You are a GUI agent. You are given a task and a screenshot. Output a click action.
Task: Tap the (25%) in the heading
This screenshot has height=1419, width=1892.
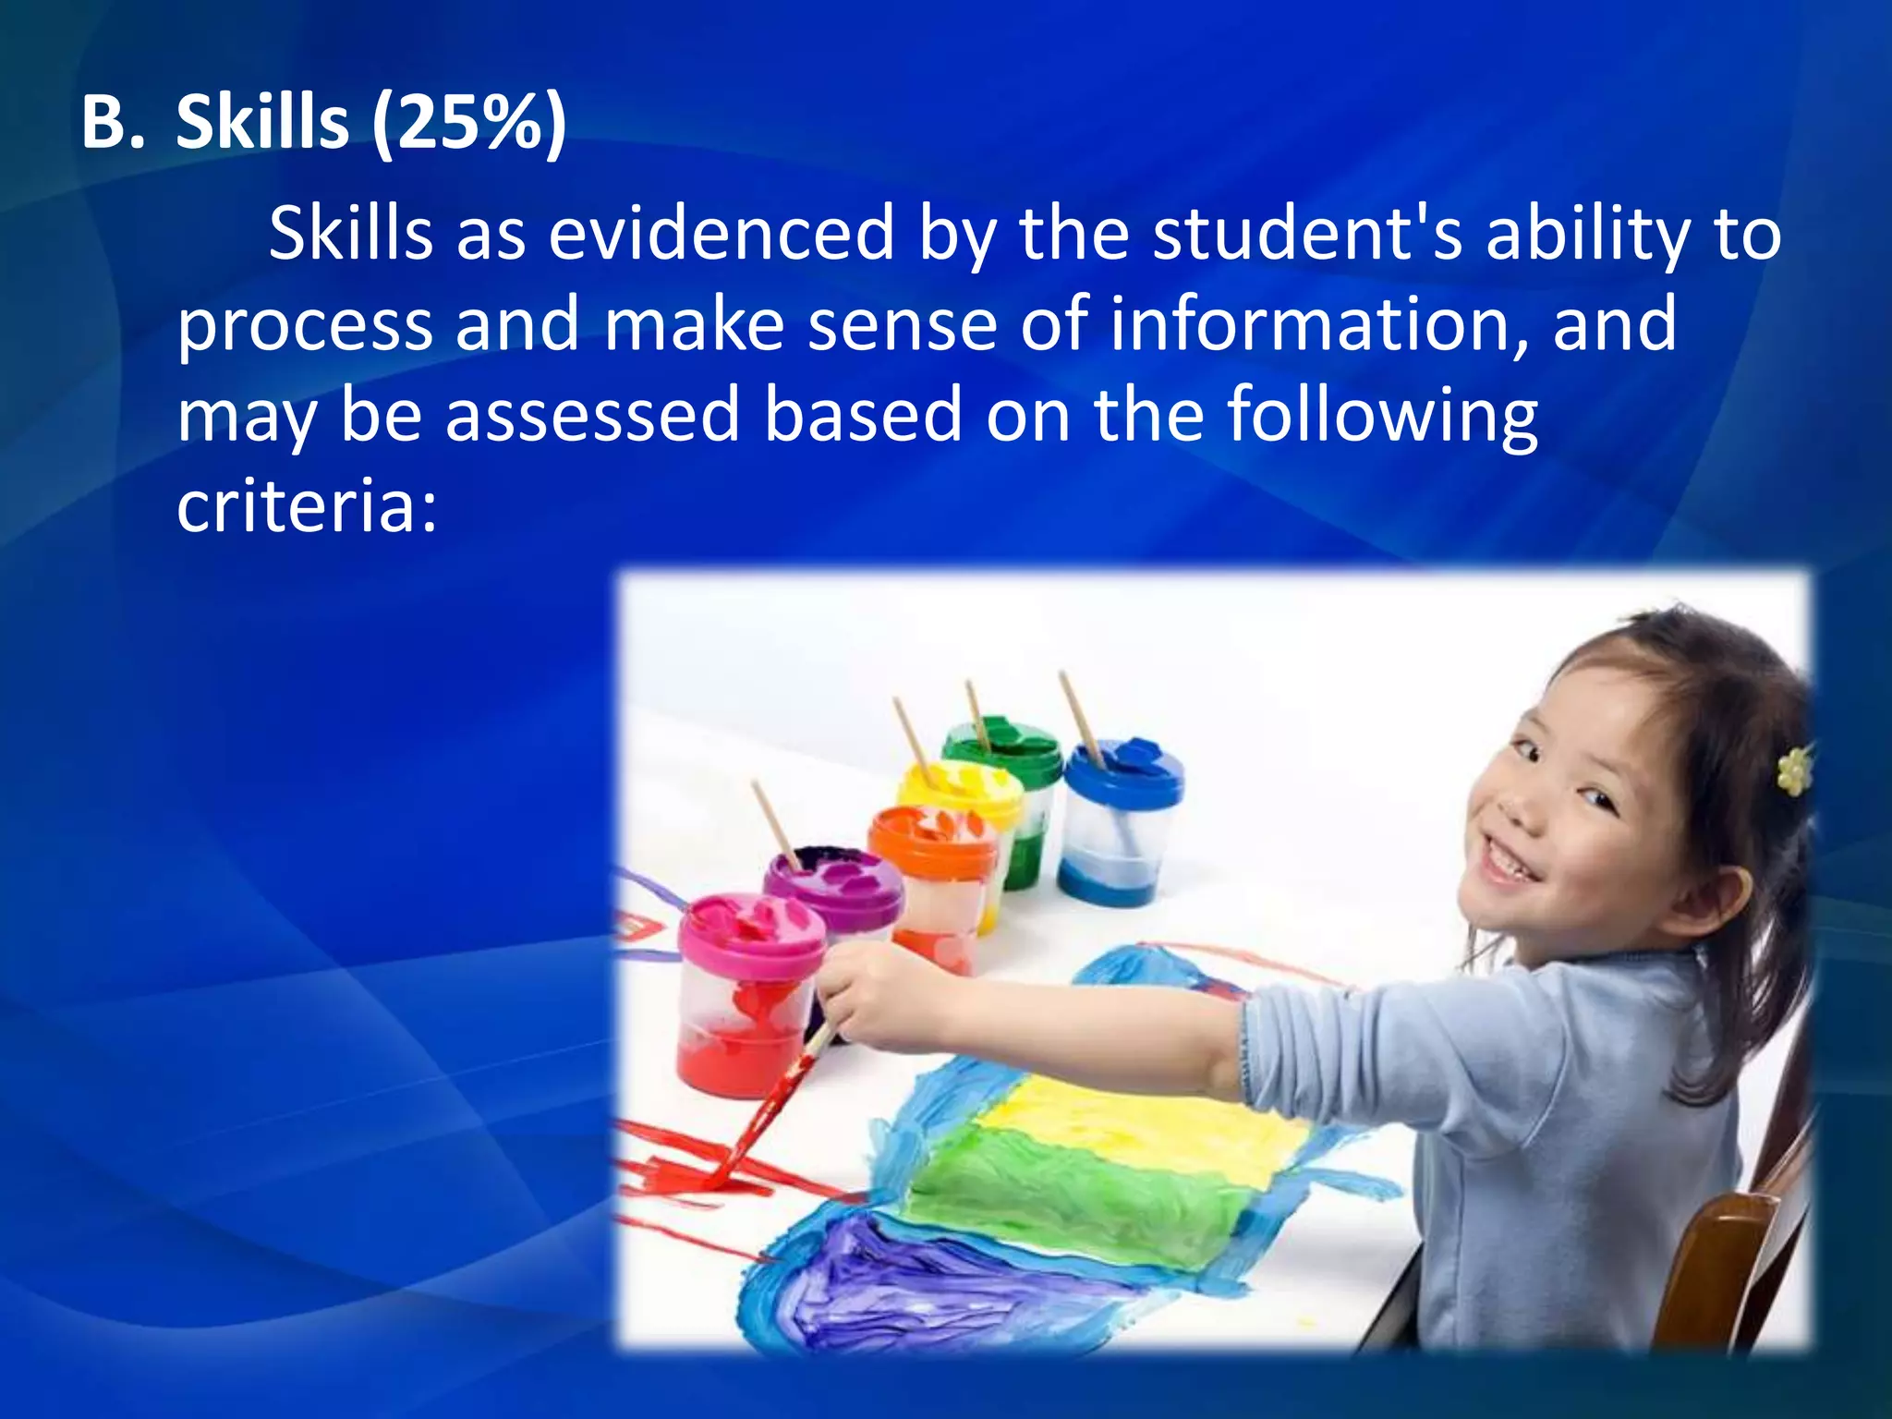(x=468, y=125)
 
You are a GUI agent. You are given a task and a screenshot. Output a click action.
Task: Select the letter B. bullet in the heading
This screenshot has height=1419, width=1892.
(x=113, y=123)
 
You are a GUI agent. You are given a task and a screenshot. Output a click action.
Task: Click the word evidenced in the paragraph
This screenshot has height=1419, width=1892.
(x=722, y=234)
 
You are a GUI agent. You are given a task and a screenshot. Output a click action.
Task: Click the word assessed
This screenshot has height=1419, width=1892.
(x=592, y=415)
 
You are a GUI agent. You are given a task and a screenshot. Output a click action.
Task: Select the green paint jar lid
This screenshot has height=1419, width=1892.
(x=1002, y=745)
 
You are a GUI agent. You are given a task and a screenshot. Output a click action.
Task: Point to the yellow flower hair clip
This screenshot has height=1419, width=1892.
(x=1793, y=770)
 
